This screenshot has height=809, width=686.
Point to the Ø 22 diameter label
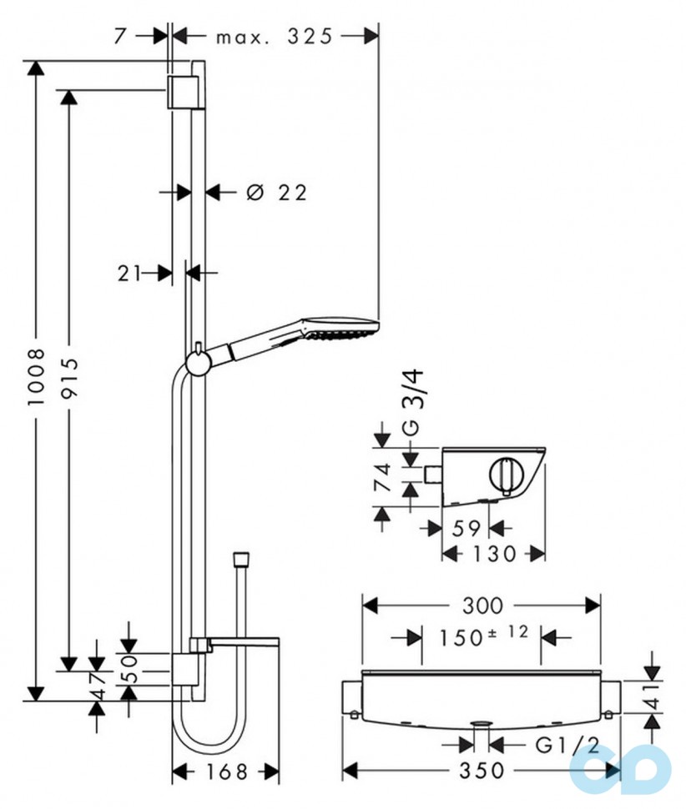(276, 193)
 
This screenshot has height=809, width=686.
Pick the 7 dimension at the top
(122, 37)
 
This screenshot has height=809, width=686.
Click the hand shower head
(342, 329)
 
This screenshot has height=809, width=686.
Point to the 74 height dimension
(382, 478)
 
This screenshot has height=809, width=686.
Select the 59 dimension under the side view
(466, 527)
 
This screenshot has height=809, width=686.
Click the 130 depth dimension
(493, 553)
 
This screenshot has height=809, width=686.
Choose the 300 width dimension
(482, 604)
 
